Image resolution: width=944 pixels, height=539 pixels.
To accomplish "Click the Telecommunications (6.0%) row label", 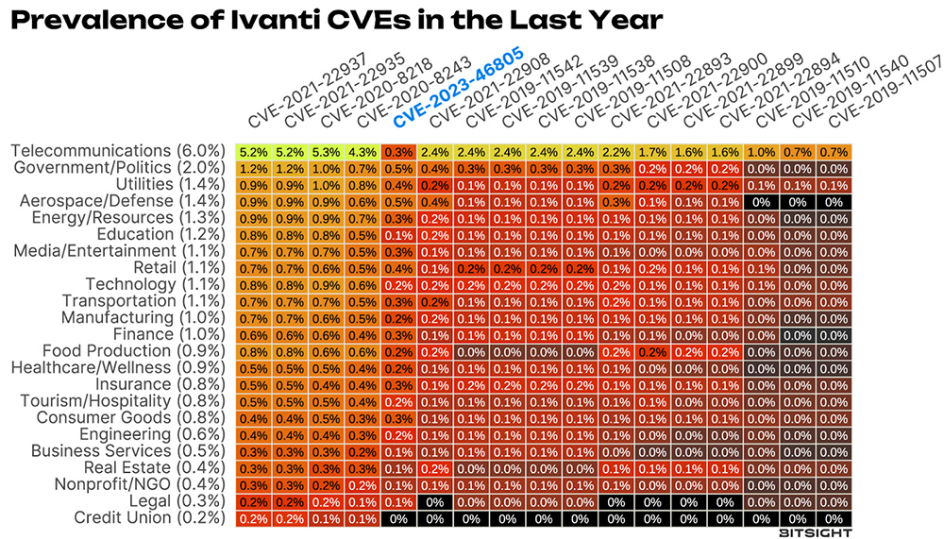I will point(117,151).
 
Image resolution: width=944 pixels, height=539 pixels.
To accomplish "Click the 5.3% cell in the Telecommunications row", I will point(326,151).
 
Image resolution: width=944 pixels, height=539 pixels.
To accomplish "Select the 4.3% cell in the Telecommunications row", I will point(362,151).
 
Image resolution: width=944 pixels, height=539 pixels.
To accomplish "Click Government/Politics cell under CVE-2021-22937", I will point(253,168).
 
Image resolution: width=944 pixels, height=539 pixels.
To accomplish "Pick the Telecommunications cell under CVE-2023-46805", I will point(397,151).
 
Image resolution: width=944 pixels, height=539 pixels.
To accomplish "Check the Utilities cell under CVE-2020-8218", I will point(326,185).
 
